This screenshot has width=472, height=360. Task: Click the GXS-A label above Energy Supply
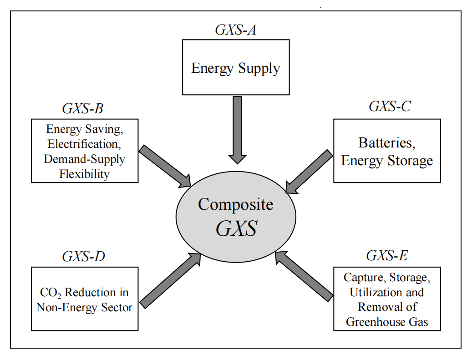(x=235, y=30)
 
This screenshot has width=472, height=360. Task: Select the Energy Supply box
(x=235, y=67)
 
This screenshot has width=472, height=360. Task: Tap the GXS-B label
(x=83, y=109)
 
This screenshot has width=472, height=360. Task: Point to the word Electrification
(x=85, y=144)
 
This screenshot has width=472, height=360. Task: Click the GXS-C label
(x=390, y=106)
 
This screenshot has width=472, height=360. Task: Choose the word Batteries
(x=387, y=142)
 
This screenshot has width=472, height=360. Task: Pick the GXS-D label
(x=84, y=257)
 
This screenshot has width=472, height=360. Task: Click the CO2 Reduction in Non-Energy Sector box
(x=85, y=299)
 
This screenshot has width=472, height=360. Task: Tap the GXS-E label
(x=387, y=256)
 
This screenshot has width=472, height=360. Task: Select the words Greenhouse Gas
(x=387, y=322)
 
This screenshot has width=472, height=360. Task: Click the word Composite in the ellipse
(x=236, y=204)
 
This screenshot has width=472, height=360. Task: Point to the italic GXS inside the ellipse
(x=236, y=228)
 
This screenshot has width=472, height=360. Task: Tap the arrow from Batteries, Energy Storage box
(x=310, y=171)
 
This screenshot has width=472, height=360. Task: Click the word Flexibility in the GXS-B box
(x=85, y=174)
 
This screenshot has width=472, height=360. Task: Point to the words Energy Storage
(x=387, y=161)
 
